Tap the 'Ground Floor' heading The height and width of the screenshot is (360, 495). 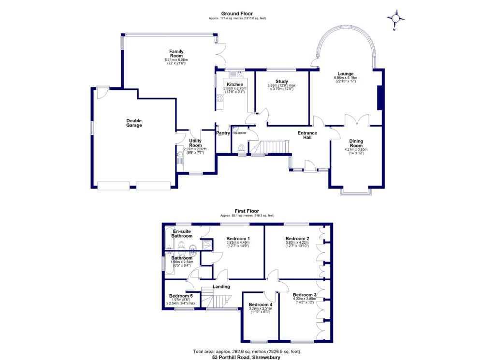(237, 14)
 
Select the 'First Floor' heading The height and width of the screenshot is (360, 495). (247, 211)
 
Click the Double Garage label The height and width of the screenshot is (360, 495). (134, 123)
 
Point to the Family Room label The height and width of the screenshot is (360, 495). (176, 53)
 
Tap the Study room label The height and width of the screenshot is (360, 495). (282, 82)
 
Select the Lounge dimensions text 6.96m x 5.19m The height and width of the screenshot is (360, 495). (345, 77)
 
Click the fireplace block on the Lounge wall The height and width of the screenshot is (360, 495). (379, 98)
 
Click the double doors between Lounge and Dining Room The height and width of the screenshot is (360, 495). (357, 121)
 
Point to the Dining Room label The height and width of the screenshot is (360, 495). (356, 143)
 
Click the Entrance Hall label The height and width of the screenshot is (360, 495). (307, 135)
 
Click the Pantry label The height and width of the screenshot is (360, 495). (223, 133)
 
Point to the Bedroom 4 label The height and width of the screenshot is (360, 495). (261, 304)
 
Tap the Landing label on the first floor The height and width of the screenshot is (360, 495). (221, 287)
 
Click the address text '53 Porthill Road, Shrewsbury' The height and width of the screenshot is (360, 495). (247, 358)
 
